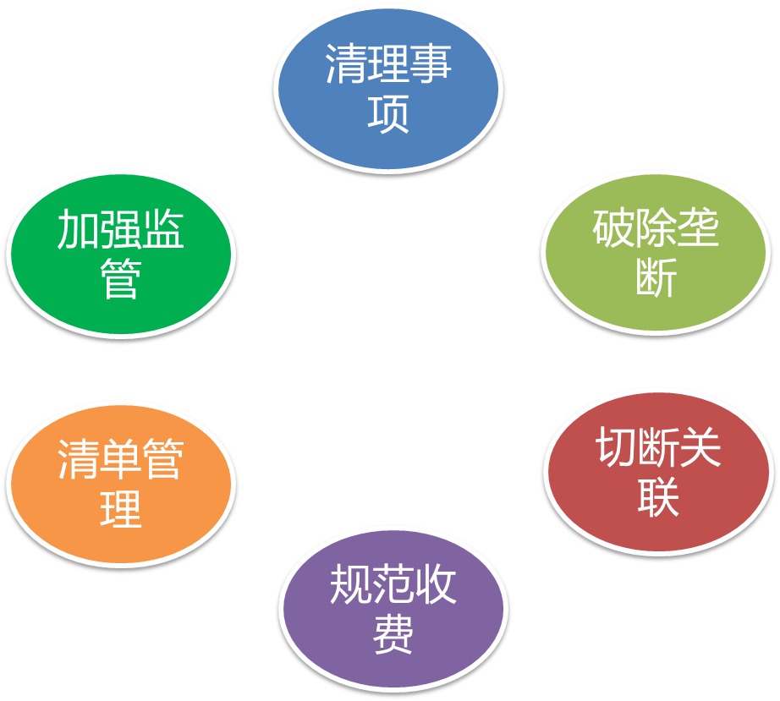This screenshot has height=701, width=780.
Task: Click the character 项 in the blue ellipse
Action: [x=388, y=112]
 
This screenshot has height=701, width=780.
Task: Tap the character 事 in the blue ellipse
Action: [x=431, y=65]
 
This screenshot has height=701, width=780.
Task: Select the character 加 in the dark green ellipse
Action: [x=78, y=230]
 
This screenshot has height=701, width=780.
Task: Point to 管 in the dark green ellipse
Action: [x=120, y=278]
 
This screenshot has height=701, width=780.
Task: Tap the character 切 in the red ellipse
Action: [x=616, y=447]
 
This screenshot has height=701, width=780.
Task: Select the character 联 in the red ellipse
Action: [x=658, y=496]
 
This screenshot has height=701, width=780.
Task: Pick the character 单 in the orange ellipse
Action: [x=120, y=461]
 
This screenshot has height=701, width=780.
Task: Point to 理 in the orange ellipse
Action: [x=120, y=509]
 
